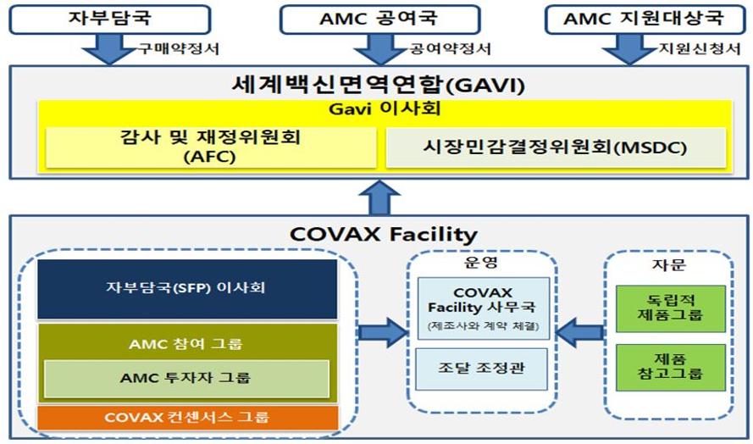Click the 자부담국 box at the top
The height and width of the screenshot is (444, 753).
(x=110, y=19)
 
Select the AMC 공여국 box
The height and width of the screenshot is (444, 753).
(x=379, y=19)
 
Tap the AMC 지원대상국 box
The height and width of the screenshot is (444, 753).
(x=645, y=19)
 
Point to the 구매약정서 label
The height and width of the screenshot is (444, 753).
(x=179, y=48)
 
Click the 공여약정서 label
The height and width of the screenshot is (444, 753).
(x=451, y=48)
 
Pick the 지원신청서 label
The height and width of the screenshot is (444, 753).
(x=700, y=48)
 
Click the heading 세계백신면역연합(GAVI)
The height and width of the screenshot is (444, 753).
(x=379, y=85)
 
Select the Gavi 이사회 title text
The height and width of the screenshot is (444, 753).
(x=385, y=108)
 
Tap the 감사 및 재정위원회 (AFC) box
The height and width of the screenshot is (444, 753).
(x=211, y=147)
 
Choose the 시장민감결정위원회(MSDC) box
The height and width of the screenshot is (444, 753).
(x=556, y=147)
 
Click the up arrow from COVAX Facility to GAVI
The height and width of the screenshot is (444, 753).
(x=379, y=197)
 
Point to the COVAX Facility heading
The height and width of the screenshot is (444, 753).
(x=383, y=235)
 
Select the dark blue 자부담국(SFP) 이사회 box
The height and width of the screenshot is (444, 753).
(x=187, y=289)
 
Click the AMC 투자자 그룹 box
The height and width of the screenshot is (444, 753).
(x=186, y=379)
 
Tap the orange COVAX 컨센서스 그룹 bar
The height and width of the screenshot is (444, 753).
(x=187, y=417)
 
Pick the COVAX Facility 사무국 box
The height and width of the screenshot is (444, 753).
(x=483, y=308)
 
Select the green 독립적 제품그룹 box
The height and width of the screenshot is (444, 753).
(x=670, y=308)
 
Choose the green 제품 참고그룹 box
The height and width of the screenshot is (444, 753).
(x=670, y=367)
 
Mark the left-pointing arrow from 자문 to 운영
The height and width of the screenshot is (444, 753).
(x=579, y=332)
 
